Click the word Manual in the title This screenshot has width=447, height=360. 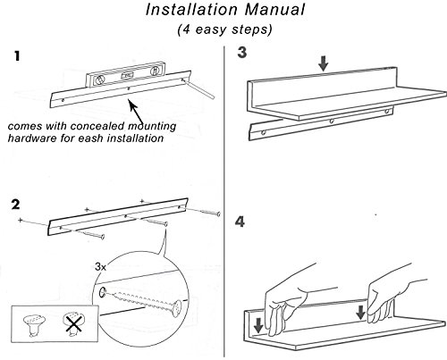point(274,10)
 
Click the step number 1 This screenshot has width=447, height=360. point(17,56)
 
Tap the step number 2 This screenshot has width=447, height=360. point(15,205)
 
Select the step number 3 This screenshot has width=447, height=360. point(242,52)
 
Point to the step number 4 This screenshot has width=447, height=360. point(240,222)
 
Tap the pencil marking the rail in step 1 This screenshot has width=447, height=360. point(198,88)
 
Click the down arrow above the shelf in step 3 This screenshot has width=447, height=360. point(323,63)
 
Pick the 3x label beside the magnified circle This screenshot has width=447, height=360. point(101,266)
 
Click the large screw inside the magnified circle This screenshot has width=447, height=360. point(145,301)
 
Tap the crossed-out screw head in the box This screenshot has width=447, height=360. point(72,323)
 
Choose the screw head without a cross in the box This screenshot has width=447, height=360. point(34,325)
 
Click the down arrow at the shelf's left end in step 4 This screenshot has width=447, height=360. point(258,325)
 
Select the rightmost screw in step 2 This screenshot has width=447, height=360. point(209,213)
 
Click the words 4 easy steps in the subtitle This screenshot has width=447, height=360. point(224,29)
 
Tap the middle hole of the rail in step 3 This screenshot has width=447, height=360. point(331,121)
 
